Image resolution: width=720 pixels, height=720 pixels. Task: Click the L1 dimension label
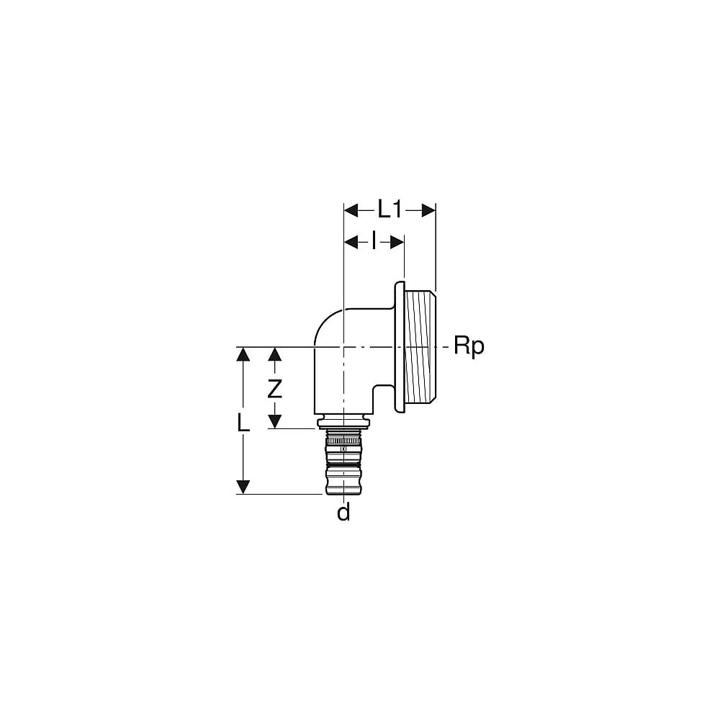[390, 210]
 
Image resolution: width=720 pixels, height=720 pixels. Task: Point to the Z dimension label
[274, 389]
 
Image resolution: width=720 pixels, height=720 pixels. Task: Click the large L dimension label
[244, 422]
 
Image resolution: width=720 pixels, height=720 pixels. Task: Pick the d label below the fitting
[343, 513]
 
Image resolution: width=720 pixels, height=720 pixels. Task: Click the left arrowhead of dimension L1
[351, 210]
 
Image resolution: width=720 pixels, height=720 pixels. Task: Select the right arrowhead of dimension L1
[429, 210]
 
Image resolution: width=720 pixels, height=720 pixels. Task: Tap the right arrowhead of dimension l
[397, 242]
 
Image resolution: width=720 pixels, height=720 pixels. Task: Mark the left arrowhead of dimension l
[351, 242]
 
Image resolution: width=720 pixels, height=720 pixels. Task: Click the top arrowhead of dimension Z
[274, 354]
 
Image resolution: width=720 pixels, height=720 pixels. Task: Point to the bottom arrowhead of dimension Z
[274, 421]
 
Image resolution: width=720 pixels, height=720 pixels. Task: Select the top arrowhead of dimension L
[244, 354]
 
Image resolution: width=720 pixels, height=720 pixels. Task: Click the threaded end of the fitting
[421, 347]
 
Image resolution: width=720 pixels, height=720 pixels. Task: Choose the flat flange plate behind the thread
[399, 347]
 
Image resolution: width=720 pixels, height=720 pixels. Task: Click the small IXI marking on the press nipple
[343, 450]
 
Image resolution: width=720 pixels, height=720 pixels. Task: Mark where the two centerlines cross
[343, 347]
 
